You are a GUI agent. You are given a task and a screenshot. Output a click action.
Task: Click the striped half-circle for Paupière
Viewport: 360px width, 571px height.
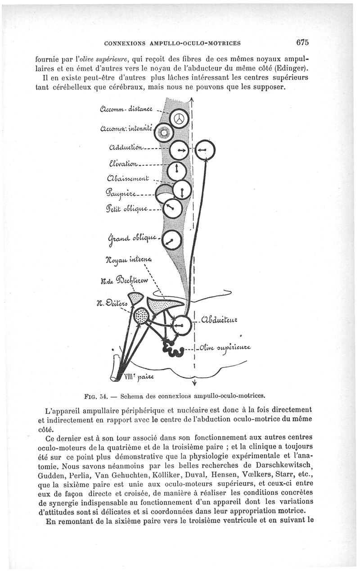(163, 191)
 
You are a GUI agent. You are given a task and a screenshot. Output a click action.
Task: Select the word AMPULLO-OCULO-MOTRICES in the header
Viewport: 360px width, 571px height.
(196, 44)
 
